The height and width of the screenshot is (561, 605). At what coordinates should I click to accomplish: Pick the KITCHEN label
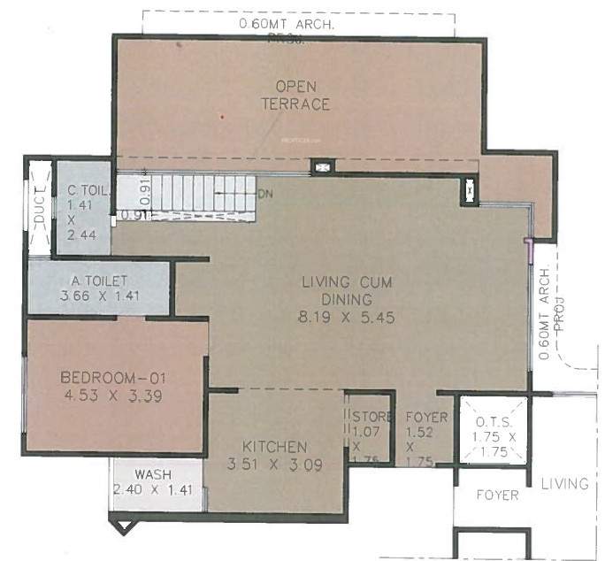click(x=277, y=447)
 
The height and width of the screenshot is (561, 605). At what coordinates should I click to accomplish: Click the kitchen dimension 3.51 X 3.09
click(x=277, y=464)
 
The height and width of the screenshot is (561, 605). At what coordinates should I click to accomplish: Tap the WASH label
click(x=152, y=474)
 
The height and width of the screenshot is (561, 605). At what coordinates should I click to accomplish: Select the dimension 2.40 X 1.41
click(x=152, y=490)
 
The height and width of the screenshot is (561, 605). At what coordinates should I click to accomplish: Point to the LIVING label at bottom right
click(x=564, y=483)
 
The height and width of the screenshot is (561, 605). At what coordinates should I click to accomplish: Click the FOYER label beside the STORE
click(x=427, y=418)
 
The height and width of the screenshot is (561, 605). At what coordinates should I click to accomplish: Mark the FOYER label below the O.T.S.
click(x=496, y=496)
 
